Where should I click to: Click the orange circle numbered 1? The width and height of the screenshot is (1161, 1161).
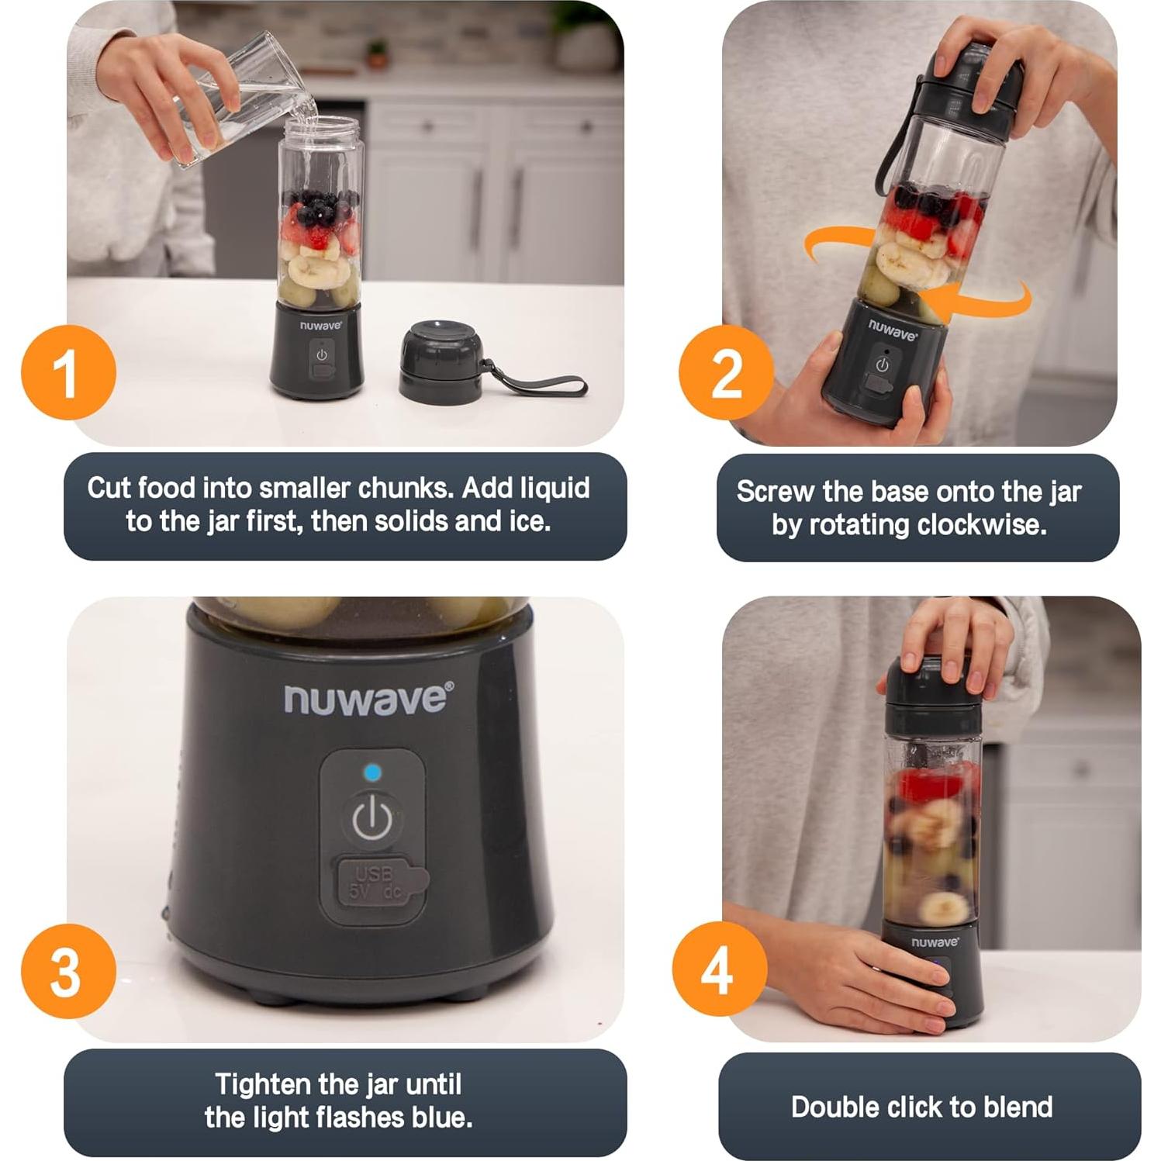tap(68, 372)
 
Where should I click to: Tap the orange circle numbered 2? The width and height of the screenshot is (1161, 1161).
tap(726, 372)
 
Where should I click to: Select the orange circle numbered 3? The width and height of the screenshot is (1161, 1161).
tap(68, 970)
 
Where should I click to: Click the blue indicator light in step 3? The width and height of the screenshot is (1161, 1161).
tap(373, 772)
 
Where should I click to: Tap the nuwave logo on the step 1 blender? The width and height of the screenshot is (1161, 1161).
tap(320, 326)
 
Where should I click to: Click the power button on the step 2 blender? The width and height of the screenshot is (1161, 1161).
tap(882, 365)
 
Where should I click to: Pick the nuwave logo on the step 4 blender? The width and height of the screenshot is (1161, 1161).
tap(935, 942)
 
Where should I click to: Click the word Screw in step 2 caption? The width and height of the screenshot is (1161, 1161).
tap(776, 492)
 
